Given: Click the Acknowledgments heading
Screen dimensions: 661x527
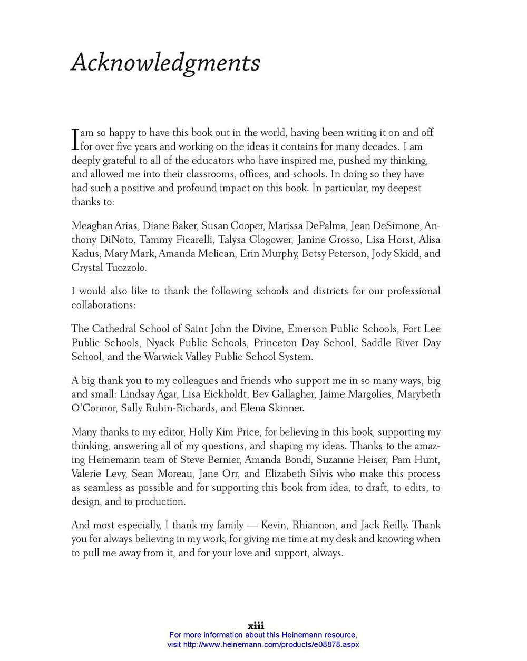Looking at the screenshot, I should point(165,63).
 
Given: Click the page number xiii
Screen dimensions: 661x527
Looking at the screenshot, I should point(256,626).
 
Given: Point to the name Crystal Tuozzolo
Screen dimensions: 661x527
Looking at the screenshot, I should point(109,267).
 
